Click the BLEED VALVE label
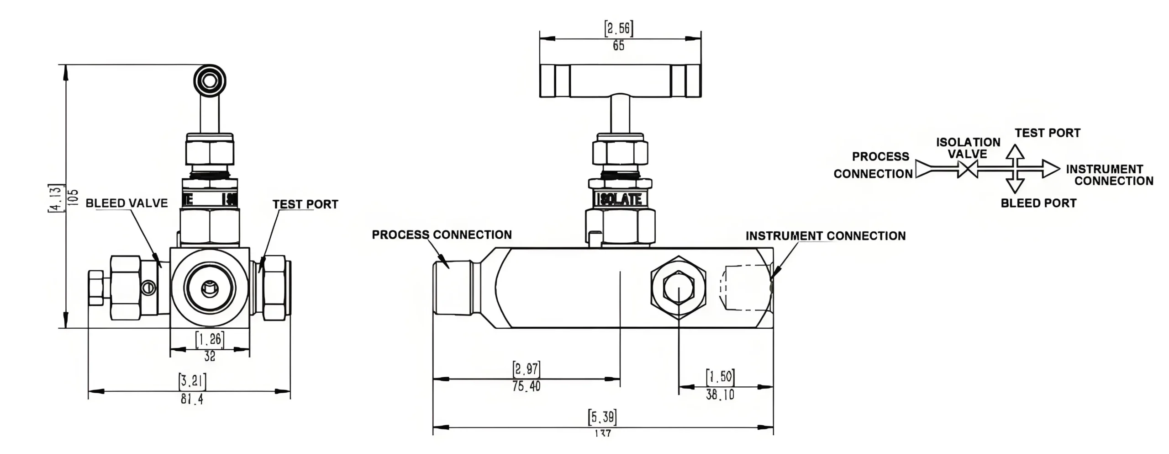pyautogui.click(x=126, y=203)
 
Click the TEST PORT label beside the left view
pyautogui.click(x=305, y=204)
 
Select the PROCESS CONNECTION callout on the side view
pyautogui.click(x=442, y=235)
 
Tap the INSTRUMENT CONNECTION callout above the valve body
pyautogui.click(x=825, y=236)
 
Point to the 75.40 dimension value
pyautogui.click(x=526, y=386)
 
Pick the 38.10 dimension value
pyautogui.click(x=720, y=395)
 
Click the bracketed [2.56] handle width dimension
pyautogui.click(x=619, y=29)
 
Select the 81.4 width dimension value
pyautogui.click(x=192, y=399)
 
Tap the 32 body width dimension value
pyautogui.click(x=210, y=356)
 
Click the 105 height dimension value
pyautogui.click(x=73, y=197)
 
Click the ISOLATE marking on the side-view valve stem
pyautogui.click(x=621, y=199)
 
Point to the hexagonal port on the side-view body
pyautogui.click(x=679, y=288)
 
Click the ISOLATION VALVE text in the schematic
pyautogui.click(x=968, y=148)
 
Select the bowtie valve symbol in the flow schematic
pyautogui.click(x=968, y=170)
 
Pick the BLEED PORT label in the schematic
pyautogui.click(x=1038, y=203)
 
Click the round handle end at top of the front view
pyautogui.click(x=210, y=81)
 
